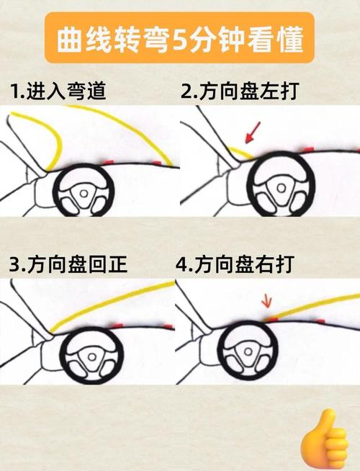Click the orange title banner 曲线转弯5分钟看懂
(x=179, y=40)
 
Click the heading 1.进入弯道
(x=58, y=92)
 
